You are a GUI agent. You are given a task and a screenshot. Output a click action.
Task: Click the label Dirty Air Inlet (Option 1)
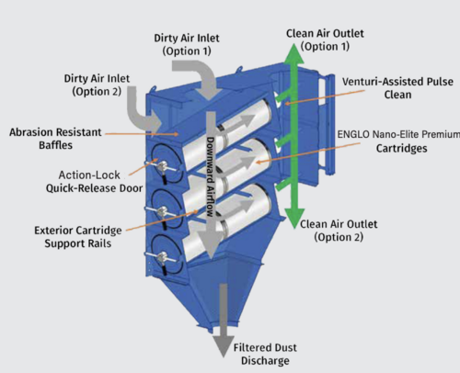187,44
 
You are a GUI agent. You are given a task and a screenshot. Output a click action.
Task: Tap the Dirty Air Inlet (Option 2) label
97,85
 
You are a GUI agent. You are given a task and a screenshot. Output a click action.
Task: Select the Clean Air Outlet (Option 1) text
325,40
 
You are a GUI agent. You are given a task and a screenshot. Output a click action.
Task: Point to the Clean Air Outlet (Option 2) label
339,231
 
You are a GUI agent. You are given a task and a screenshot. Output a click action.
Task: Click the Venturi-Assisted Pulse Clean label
397,88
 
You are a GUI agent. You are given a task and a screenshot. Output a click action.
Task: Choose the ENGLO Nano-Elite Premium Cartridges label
399,141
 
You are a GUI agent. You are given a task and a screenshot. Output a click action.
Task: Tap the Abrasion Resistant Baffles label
55,139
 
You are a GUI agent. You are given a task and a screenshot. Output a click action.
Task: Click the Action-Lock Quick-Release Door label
95,182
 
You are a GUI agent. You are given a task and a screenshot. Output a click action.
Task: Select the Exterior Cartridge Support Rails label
78,237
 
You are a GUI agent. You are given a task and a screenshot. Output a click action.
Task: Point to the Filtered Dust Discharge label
265,354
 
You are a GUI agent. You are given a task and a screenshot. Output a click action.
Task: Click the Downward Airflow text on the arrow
210,177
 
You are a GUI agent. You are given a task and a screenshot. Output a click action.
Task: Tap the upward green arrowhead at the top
293,54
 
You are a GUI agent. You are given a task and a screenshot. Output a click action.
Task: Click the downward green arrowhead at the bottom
294,219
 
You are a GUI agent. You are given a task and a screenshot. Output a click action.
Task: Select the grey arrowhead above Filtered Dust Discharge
224,345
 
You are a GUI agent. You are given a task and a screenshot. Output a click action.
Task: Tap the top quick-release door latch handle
162,167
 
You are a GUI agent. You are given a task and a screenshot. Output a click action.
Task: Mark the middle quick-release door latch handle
162,213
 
